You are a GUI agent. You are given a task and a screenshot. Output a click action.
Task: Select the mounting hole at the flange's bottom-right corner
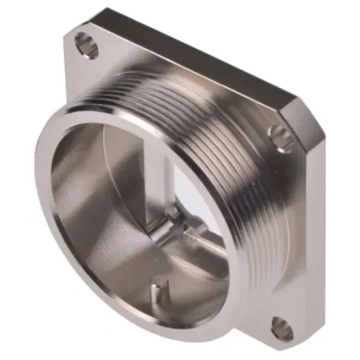(282, 326)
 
